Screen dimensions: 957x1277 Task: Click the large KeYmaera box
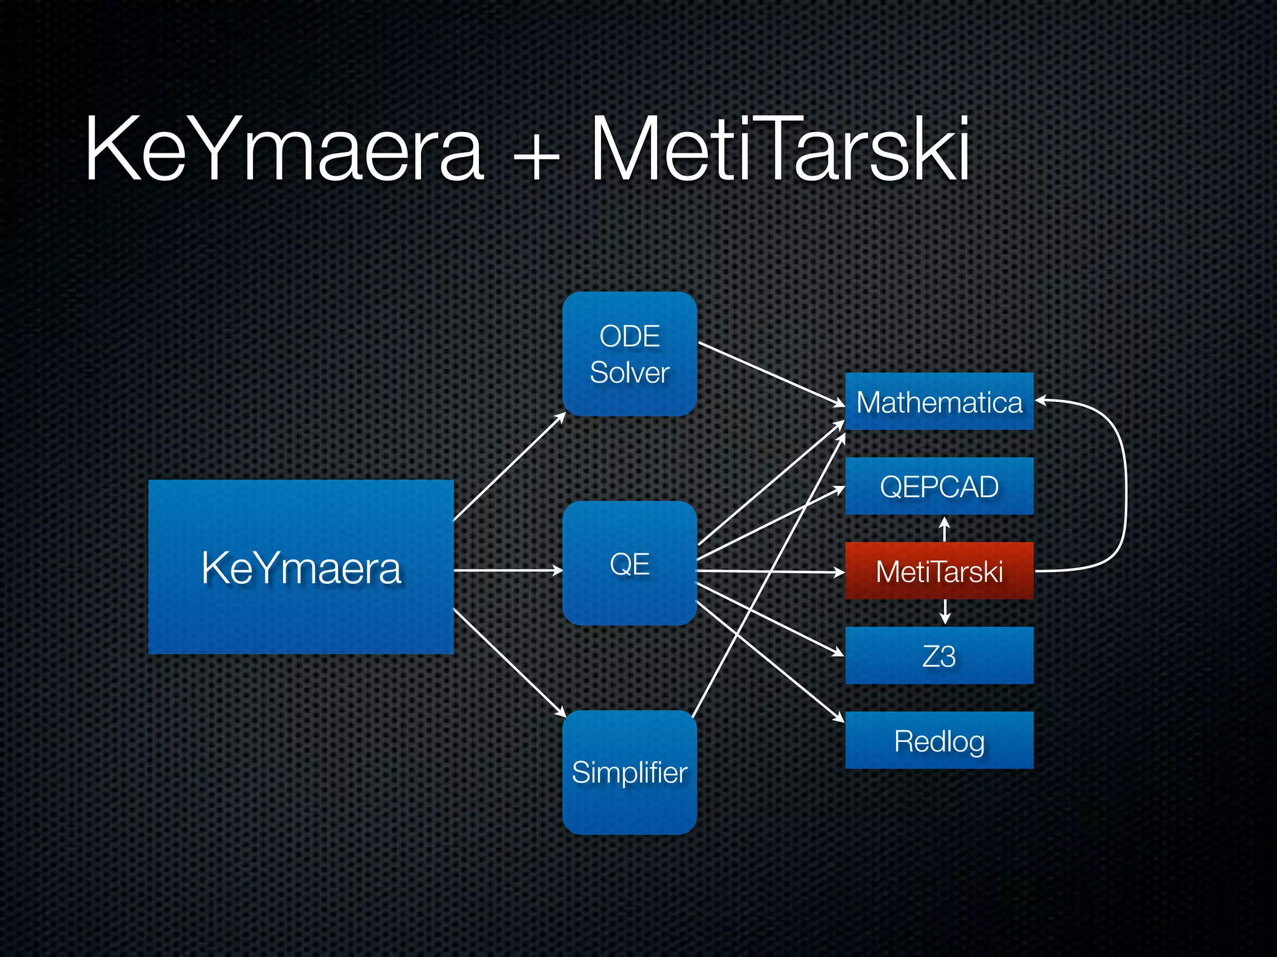click(301, 567)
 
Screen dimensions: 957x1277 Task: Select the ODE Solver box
click(629, 353)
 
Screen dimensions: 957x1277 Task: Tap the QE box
click(629, 563)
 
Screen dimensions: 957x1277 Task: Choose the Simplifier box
click(629, 773)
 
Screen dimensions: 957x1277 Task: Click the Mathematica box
click(939, 401)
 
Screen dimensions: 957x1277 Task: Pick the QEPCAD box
click(939, 486)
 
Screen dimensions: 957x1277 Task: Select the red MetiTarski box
click(939, 571)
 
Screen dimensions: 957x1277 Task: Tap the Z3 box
click(939, 655)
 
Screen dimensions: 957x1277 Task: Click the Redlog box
click(939, 740)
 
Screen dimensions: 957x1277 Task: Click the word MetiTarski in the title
click(779, 150)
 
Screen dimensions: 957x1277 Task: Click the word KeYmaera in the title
click(284, 150)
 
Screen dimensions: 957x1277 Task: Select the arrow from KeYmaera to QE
click(508, 570)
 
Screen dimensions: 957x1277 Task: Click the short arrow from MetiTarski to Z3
click(945, 612)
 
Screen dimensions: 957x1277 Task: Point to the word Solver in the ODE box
click(629, 373)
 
